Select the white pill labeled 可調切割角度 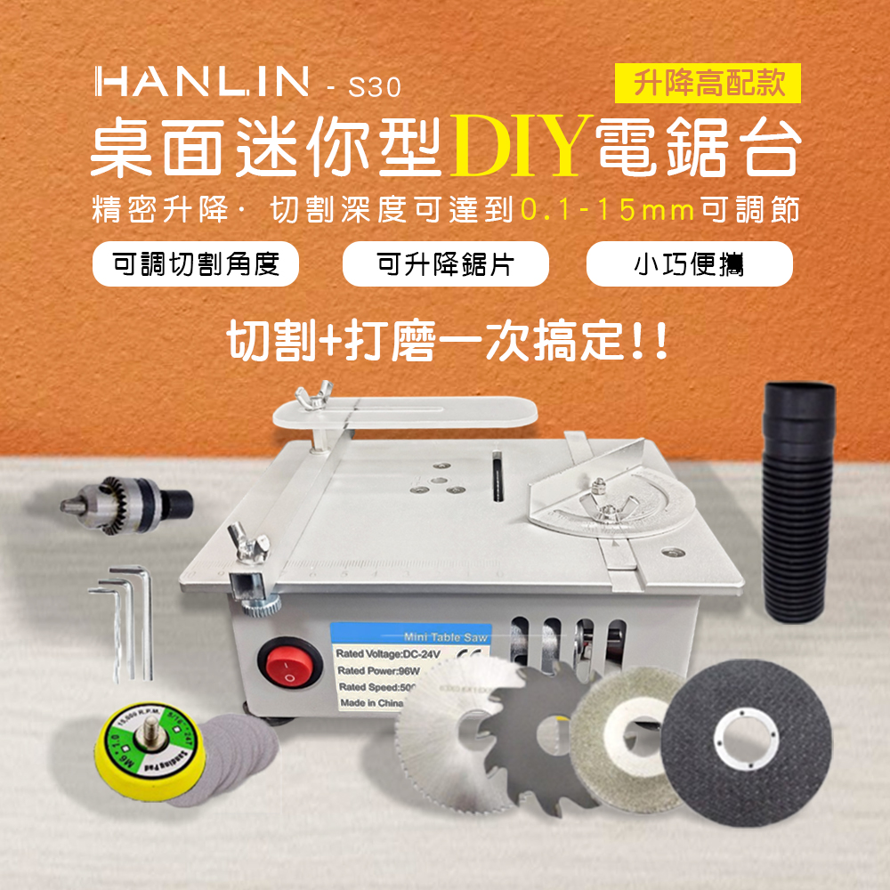(196, 264)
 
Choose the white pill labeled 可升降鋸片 (445, 264)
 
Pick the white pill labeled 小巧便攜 (690, 264)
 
